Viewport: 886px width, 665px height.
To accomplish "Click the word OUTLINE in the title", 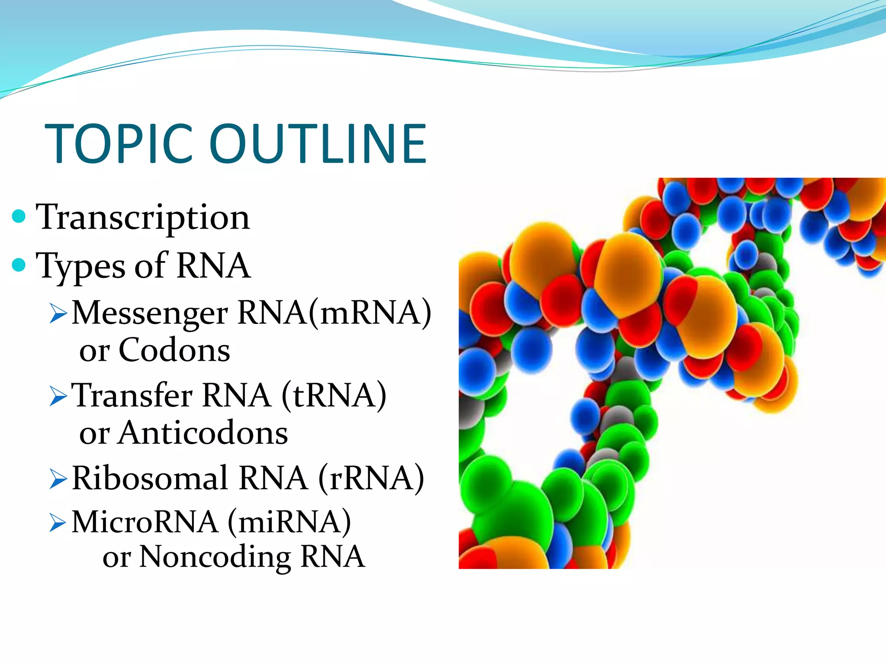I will click(318, 144).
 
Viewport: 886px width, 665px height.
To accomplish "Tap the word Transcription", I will click(143, 217).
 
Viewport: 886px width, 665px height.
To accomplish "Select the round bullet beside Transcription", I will click(19, 216).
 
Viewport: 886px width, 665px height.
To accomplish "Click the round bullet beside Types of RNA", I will click(19, 265).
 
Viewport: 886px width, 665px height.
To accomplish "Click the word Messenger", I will click(150, 313).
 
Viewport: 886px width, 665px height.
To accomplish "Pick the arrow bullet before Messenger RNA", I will click(58, 313).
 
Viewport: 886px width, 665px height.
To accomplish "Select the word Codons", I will click(174, 350).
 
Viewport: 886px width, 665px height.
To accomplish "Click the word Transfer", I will click(132, 396).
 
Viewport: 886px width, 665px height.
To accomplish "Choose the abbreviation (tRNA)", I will click(334, 396).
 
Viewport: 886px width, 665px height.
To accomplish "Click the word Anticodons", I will click(202, 433).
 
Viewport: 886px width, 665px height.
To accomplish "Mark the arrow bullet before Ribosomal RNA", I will click(58, 479).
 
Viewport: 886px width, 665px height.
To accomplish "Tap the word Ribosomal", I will click(150, 478).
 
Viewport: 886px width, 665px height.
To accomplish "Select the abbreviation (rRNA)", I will click(371, 478).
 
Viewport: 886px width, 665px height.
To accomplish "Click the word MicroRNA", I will click(144, 522).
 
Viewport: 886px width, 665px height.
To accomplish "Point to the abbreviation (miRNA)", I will click(289, 522).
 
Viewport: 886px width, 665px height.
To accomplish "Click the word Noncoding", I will click(215, 557).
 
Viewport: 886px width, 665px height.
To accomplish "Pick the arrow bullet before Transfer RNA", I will click(58, 396).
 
